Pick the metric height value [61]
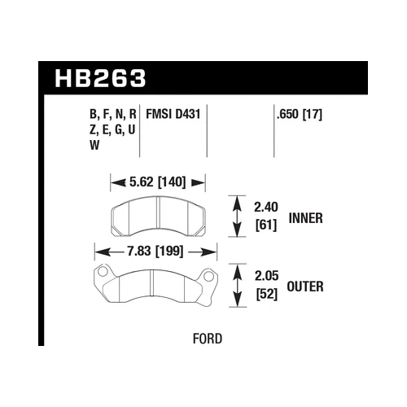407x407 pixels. (266, 225)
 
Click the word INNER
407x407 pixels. (307, 218)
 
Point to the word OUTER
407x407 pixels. (308, 285)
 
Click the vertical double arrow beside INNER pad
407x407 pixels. (237, 216)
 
